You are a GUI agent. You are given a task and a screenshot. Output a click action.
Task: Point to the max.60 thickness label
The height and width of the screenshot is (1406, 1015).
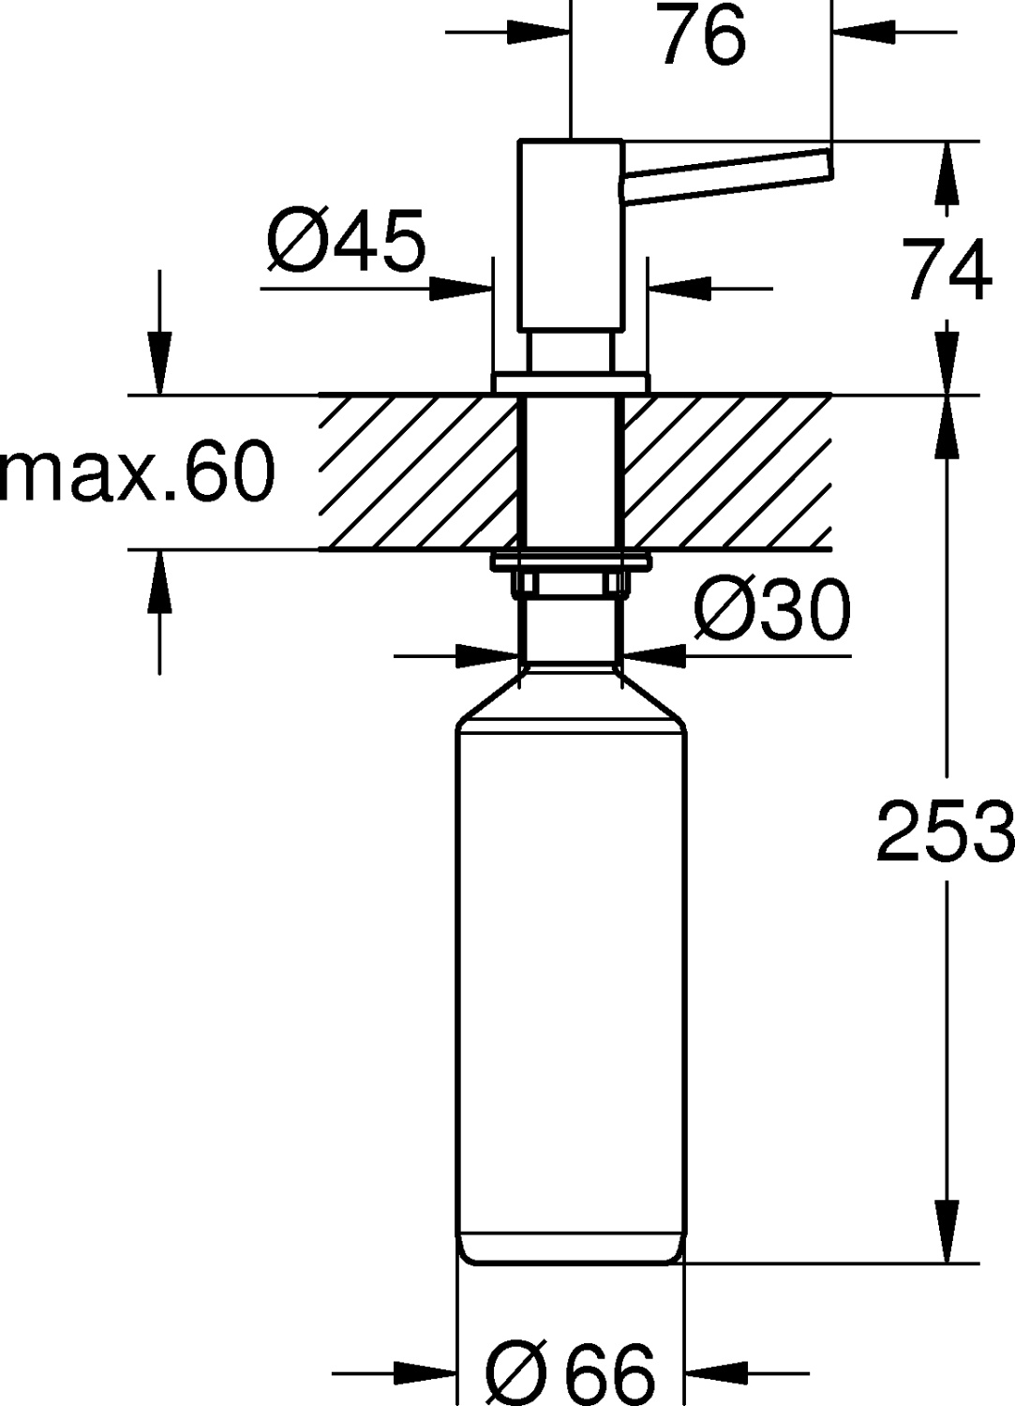[139, 471]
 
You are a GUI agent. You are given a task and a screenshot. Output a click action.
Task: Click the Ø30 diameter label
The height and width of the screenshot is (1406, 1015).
[771, 609]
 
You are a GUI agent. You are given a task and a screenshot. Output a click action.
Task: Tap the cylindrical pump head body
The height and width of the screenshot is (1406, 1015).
[570, 234]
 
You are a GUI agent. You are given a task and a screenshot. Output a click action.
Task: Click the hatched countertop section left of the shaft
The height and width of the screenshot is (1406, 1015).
[417, 471]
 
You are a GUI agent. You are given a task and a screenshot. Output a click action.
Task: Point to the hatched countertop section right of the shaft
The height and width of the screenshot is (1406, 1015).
[726, 471]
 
